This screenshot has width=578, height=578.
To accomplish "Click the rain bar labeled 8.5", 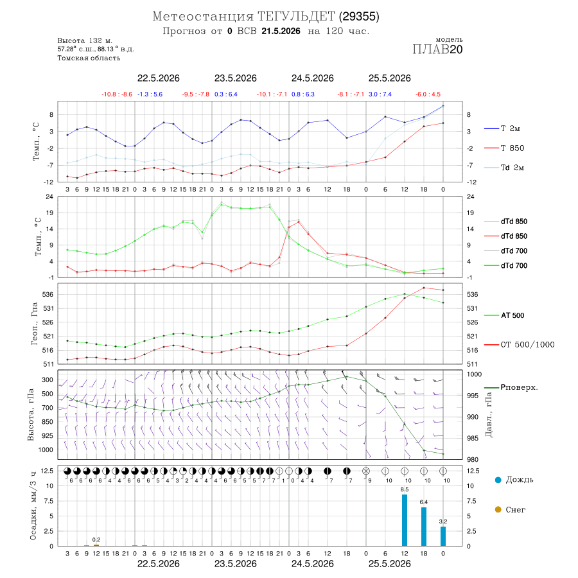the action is point(405,520).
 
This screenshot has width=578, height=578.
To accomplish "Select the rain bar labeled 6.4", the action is point(424,527).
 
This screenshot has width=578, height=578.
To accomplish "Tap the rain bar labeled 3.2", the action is point(443,536).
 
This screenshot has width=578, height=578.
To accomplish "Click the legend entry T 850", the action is point(504,148).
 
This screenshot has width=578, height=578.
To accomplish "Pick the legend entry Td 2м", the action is point(504,168).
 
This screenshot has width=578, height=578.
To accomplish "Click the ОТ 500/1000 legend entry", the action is point(519,345).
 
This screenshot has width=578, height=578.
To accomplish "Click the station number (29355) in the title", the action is point(359,17).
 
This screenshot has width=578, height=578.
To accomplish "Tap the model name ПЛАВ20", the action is point(437,49).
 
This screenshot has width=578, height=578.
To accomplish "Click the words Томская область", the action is point(89,58).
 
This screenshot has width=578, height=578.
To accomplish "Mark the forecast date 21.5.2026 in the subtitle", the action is point(281,31).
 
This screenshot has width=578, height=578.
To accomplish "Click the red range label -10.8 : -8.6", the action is point(117,94).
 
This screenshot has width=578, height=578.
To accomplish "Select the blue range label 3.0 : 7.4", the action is point(380,94).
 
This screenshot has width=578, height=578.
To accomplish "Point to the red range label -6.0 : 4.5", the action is point(428,94).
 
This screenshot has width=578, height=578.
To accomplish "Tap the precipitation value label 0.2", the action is point(96,539).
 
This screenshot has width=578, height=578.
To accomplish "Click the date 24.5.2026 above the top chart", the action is point(313,78).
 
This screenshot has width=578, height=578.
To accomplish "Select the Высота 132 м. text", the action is point(85,40).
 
